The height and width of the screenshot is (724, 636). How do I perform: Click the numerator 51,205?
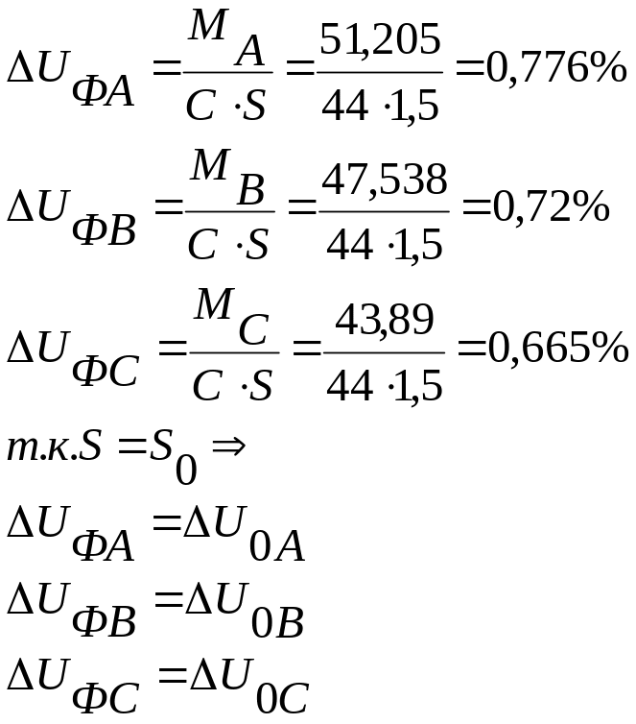(x=380, y=41)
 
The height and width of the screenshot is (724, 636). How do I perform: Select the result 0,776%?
(x=556, y=69)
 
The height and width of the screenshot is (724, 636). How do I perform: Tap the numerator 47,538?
(x=384, y=181)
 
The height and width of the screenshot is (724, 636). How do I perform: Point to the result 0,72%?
(x=552, y=208)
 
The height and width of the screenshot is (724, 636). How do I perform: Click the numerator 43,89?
(x=384, y=321)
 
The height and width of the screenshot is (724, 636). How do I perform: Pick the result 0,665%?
(x=558, y=349)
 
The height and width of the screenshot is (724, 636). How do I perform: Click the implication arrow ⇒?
(x=228, y=446)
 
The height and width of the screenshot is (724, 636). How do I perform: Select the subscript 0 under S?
(x=186, y=471)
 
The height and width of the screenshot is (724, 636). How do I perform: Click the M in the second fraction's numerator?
(x=210, y=164)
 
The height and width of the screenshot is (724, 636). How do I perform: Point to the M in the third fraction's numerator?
(x=214, y=303)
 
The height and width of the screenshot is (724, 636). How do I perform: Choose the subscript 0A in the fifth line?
(x=277, y=546)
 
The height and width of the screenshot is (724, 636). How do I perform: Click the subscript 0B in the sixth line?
(x=277, y=623)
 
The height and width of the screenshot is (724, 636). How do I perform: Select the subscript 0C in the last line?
(x=282, y=699)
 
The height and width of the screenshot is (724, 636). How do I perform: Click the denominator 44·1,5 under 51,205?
(x=380, y=107)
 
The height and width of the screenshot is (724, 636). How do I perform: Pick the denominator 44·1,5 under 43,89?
(x=384, y=386)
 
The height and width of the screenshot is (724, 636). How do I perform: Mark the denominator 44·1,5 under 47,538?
(x=384, y=245)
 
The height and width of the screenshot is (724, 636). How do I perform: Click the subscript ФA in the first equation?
(x=104, y=92)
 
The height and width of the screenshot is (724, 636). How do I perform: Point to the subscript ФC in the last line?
(x=106, y=698)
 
